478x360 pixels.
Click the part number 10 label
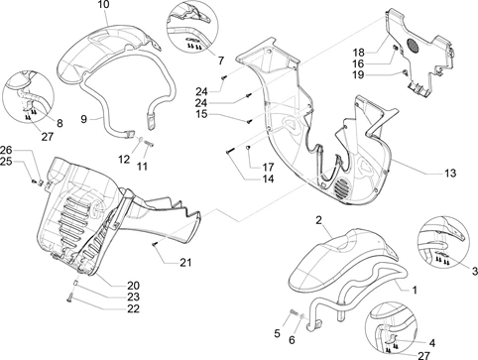[x=103, y=5]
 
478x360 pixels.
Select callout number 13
[x=450, y=173]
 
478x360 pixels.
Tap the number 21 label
[x=185, y=263]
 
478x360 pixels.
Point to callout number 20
[x=133, y=286]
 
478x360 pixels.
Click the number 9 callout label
[x=84, y=119]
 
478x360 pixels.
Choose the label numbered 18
[x=358, y=53]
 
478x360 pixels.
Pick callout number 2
[x=318, y=220]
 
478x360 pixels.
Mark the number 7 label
[x=221, y=60]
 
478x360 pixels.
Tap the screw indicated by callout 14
[x=230, y=151]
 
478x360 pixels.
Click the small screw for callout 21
[x=155, y=244]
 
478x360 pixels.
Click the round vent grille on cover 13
[x=342, y=188]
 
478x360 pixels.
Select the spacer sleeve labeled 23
[x=75, y=284]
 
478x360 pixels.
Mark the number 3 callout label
[x=475, y=272]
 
